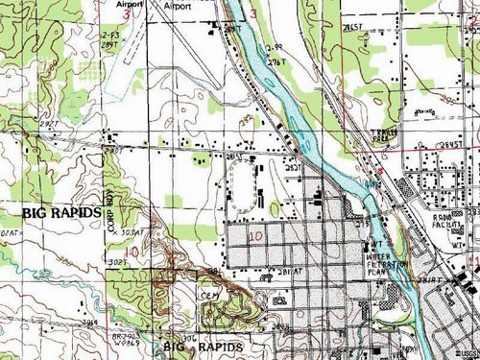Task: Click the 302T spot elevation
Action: [119, 260]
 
